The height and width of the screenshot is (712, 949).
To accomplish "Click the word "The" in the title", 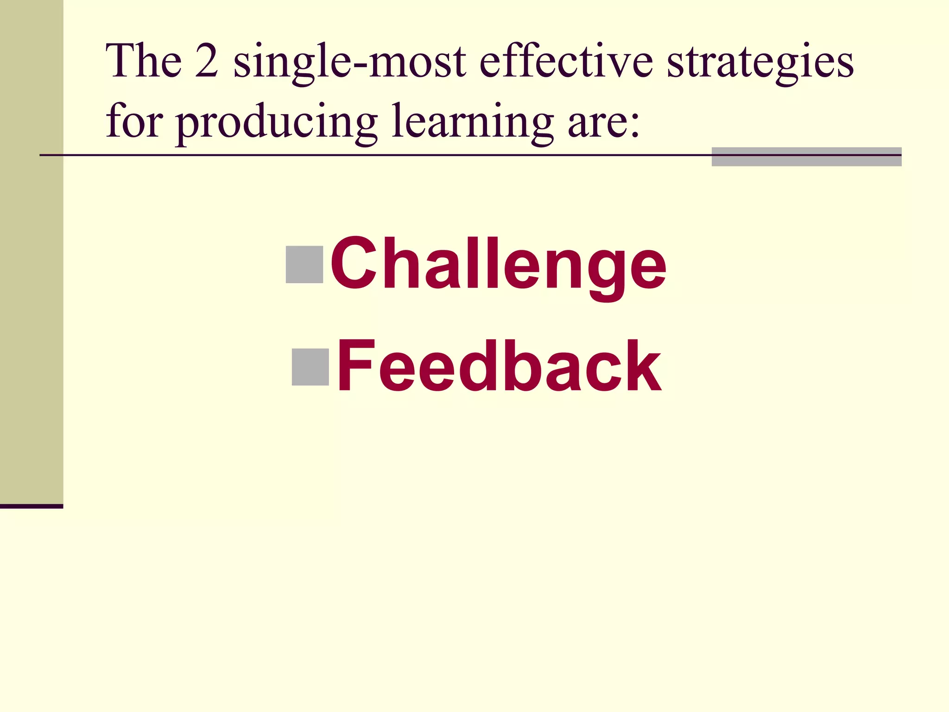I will coord(144,61).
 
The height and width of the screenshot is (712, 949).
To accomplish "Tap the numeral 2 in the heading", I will coord(207,61).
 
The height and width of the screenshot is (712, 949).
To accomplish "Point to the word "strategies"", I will coord(760,63).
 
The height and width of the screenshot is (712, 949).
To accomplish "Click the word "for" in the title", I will coord(134,121).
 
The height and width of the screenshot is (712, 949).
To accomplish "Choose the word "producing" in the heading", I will coord(276,123).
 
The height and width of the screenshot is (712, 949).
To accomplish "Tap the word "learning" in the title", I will coord(472,123).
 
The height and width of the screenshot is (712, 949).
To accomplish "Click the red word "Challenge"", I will coord(498,264).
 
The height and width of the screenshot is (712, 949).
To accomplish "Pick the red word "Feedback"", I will coord(499,366).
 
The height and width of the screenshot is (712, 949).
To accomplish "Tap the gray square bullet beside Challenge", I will coord(304,265).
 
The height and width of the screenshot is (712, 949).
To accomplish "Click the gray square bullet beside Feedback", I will coord(310,367).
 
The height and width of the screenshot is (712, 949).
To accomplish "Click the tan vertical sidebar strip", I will coord(32,250).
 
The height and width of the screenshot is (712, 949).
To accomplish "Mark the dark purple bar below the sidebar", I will coord(32,506).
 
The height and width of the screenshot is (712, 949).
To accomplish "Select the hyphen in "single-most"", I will coord(359,65).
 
